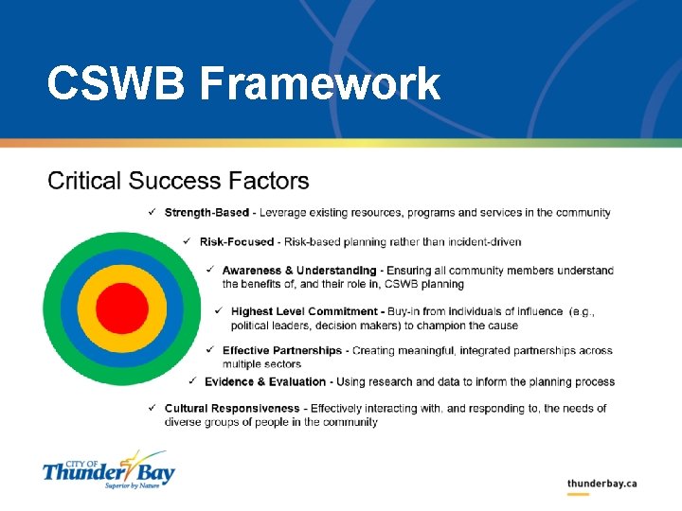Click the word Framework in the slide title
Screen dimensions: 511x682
click(320, 83)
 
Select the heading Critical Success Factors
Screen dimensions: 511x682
click(178, 181)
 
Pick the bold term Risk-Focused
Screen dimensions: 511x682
click(237, 242)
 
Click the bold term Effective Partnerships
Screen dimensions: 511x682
click(282, 351)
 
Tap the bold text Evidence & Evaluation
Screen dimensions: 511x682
click(266, 382)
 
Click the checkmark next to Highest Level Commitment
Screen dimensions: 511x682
click(219, 311)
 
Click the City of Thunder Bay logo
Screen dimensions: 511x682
click(108, 470)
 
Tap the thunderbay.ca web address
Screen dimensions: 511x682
click(601, 484)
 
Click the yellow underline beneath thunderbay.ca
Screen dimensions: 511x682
click(578, 494)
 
